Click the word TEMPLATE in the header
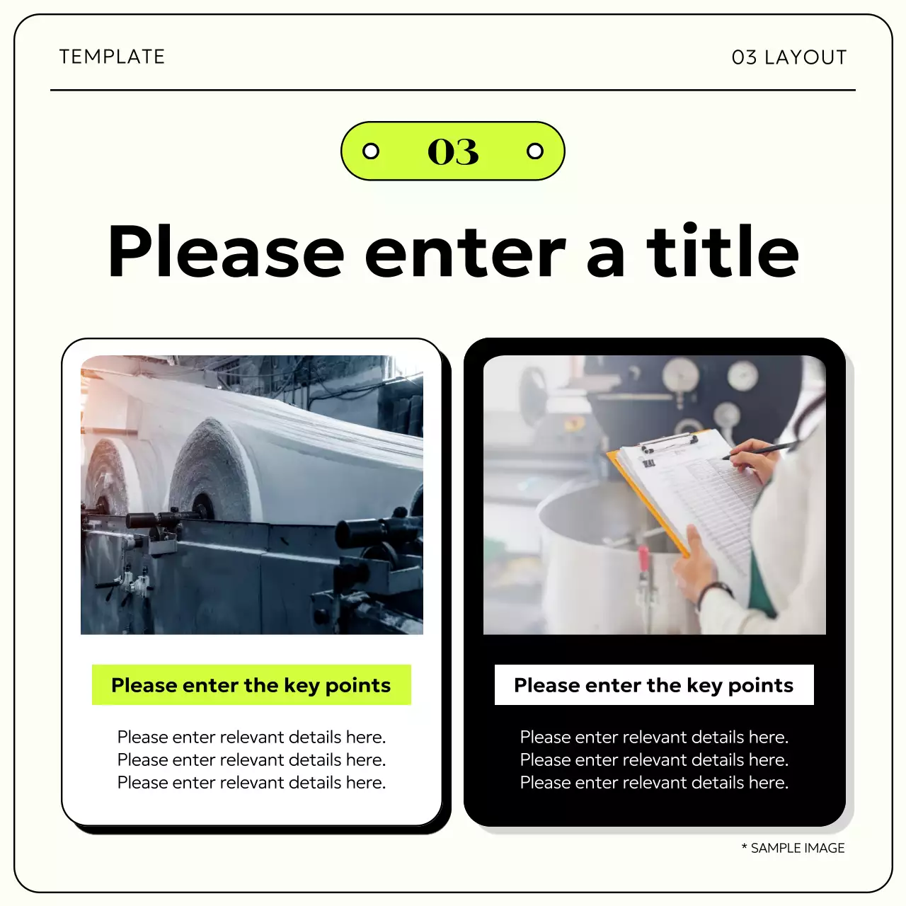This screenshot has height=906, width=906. [112, 57]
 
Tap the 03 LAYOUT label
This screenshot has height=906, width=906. [789, 57]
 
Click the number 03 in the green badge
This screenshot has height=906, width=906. [453, 151]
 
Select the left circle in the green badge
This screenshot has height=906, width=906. [371, 151]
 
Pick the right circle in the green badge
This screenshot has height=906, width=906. [535, 151]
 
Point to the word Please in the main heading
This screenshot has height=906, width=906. [226, 253]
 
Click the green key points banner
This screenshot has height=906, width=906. [251, 684]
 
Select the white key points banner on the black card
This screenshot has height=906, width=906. [654, 684]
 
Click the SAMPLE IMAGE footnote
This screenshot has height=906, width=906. [793, 848]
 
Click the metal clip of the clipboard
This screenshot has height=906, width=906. [668, 443]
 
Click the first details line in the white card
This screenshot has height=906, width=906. [251, 737]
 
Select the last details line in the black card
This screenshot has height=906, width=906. [654, 782]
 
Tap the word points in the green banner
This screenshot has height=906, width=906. [357, 685]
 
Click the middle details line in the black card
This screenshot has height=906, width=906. [654, 759]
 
